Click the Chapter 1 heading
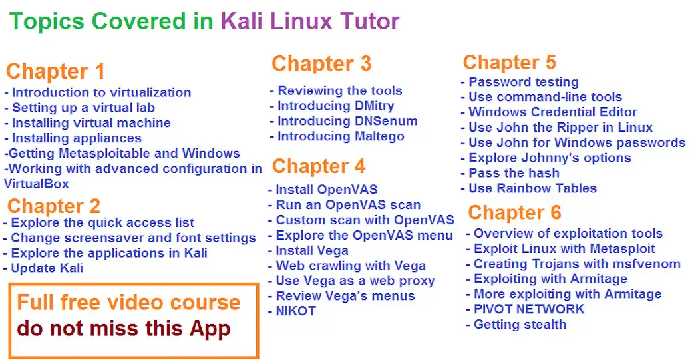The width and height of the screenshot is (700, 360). click(x=56, y=71)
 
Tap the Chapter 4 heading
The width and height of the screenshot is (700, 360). click(x=319, y=166)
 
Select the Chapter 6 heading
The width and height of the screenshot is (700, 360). click(x=514, y=213)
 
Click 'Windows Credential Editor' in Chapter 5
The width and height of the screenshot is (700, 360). click(x=549, y=112)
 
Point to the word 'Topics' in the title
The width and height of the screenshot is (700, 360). click(x=47, y=21)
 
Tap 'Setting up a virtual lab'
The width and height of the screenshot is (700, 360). click(x=80, y=108)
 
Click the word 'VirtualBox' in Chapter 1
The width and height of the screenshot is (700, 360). click(x=37, y=184)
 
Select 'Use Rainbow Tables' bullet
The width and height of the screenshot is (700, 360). click(x=529, y=188)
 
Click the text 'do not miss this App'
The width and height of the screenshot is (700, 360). click(x=124, y=328)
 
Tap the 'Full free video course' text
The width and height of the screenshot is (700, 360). click(x=128, y=303)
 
